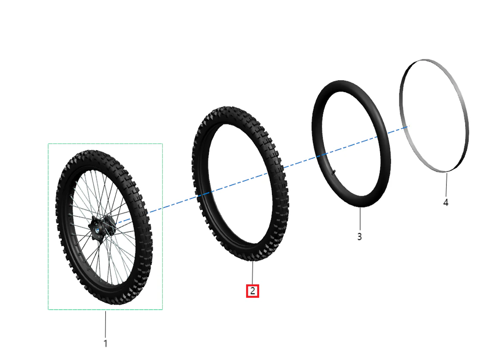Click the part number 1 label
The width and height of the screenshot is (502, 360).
105,344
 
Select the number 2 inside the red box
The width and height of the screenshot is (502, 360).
253,291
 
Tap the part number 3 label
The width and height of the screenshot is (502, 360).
359,236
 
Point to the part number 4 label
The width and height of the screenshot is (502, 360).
446,202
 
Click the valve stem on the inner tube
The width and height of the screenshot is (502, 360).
334,172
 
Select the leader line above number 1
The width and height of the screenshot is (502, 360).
105,324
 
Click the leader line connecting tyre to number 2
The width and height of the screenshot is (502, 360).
253,273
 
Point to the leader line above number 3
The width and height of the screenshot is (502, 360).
360,219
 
